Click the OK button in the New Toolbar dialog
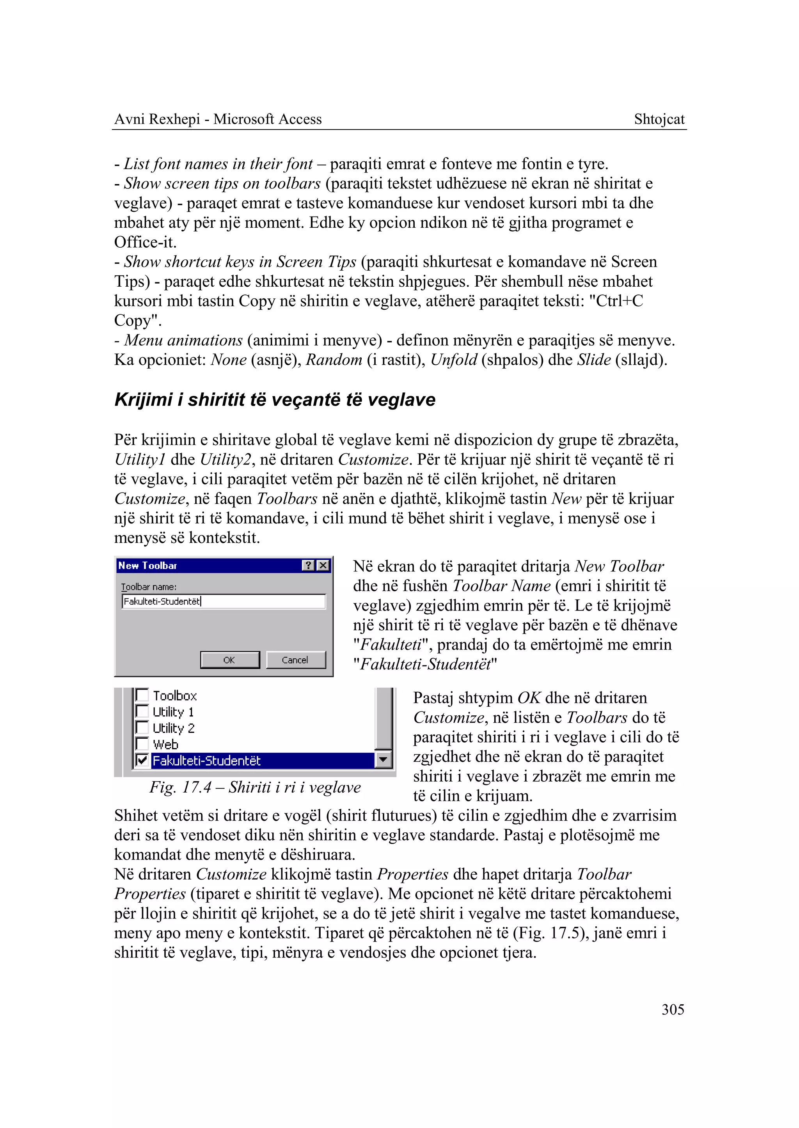click(230, 660)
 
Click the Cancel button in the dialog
click(295, 660)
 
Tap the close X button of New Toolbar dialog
click(323, 566)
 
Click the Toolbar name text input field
click(224, 601)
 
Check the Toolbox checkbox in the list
click(142, 695)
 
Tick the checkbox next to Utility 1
click(142, 711)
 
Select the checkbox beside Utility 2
click(142, 727)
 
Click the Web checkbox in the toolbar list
click(142, 744)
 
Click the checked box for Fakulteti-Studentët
click(142, 760)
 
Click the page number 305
click(673, 1009)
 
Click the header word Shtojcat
click(659, 119)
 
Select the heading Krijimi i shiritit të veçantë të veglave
click(275, 399)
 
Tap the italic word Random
click(334, 360)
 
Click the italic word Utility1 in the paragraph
click(140, 459)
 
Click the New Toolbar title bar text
click(147, 566)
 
